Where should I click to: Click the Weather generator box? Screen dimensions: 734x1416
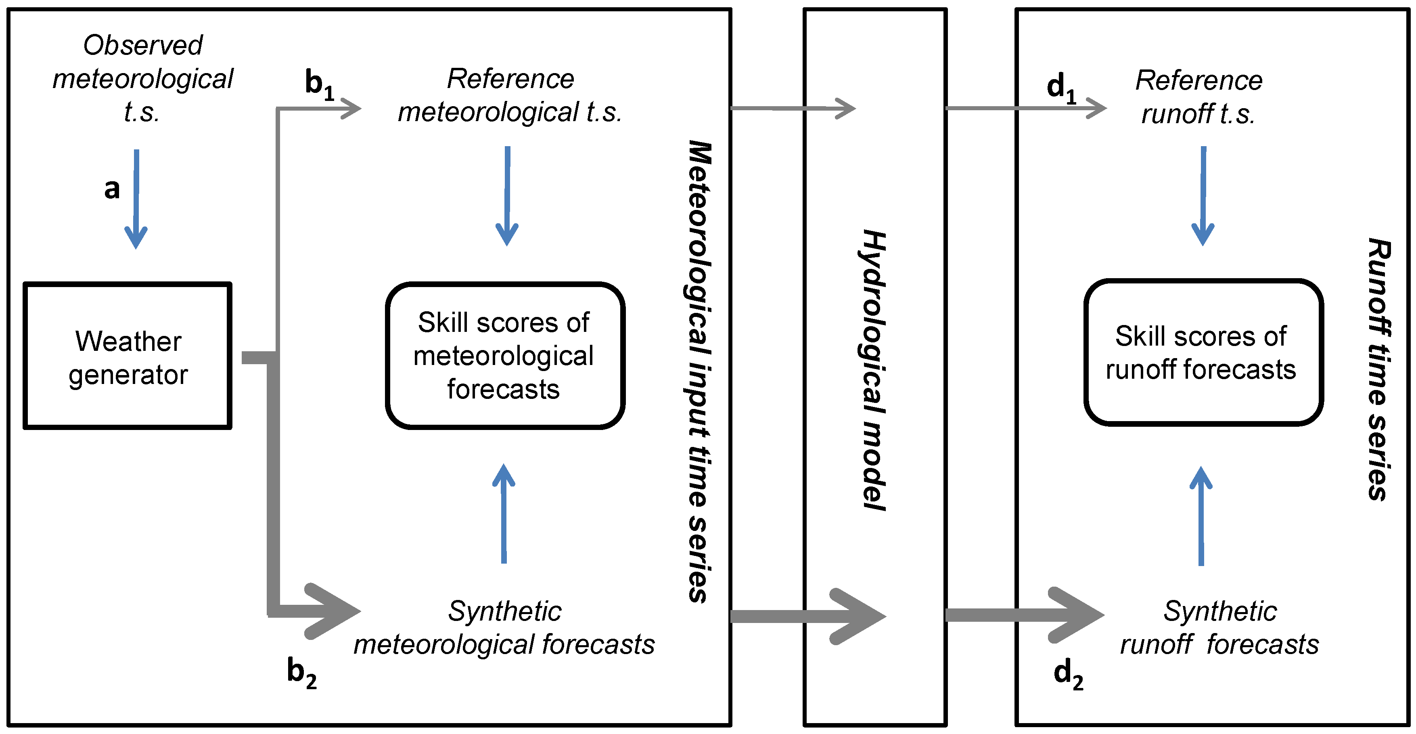(128, 356)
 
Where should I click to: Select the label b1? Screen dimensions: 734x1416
(319, 85)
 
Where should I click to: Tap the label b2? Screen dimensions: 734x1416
(301, 673)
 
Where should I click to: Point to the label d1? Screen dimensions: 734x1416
(1061, 88)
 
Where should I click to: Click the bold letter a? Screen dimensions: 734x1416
(112, 189)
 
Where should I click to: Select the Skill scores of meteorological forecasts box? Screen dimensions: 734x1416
(504, 356)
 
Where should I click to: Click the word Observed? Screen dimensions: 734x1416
(143, 45)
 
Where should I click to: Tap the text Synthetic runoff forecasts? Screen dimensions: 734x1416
(1219, 627)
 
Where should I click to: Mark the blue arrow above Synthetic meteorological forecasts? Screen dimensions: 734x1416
(504, 514)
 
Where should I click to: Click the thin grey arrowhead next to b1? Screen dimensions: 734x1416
(351, 108)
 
